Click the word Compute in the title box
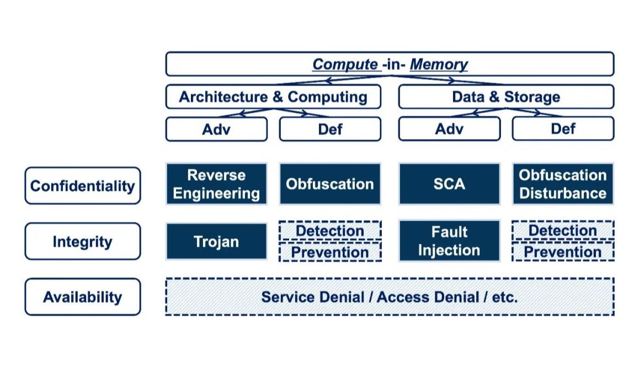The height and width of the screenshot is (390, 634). click(345, 65)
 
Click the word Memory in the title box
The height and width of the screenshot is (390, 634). click(439, 64)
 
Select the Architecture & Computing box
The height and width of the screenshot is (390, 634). click(273, 97)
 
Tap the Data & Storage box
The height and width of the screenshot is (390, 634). click(506, 97)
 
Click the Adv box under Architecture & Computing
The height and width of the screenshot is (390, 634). click(216, 129)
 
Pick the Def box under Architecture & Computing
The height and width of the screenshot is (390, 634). click(330, 129)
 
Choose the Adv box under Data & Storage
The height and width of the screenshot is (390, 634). click(449, 129)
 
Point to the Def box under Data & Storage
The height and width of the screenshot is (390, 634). click(563, 129)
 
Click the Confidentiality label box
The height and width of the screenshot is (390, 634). click(83, 185)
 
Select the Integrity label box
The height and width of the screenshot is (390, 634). click(83, 241)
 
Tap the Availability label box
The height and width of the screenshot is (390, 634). click(83, 297)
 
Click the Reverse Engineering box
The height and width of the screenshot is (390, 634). click(216, 184)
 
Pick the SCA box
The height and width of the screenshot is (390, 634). click(449, 184)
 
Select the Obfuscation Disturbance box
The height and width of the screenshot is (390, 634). click(563, 184)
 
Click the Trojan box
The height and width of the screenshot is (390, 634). click(216, 241)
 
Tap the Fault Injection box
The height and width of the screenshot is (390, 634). click(449, 241)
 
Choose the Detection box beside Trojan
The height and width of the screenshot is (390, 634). click(330, 231)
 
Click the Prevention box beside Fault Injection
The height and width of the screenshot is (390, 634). click(563, 252)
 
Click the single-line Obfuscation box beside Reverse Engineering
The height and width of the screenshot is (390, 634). click(330, 184)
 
